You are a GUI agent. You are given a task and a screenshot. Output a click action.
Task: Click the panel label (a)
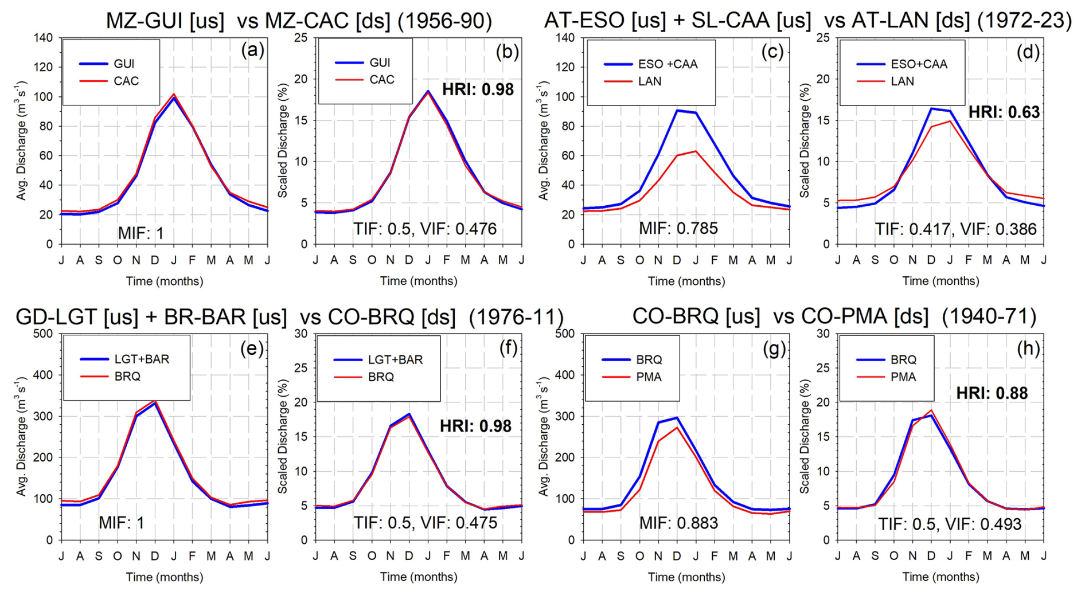pos(252,50)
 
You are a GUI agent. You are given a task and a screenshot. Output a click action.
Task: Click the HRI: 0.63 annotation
pos(1004,112)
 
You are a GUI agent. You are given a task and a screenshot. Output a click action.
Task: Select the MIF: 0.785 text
pos(678,228)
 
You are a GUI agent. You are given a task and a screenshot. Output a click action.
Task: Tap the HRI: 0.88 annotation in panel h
pos(992,393)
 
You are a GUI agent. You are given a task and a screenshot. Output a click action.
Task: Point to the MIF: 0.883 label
pos(678,523)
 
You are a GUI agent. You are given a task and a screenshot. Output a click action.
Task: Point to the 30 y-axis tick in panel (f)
pos(301,334)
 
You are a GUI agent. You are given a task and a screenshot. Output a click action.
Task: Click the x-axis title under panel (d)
pos(940,281)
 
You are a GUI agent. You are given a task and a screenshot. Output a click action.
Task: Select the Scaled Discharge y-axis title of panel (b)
pos(283,140)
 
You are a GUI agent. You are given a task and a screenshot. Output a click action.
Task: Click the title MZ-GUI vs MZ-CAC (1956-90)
pos(299,21)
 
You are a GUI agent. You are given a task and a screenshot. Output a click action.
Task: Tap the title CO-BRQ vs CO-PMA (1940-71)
pos(834,316)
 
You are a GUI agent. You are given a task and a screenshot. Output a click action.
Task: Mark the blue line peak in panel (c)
pos(677,110)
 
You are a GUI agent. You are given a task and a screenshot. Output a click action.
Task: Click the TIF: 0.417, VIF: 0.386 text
pos(955,229)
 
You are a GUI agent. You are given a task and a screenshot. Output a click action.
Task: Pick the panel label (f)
pos(508,347)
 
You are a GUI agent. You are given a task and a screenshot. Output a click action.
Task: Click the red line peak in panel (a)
pos(174,94)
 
